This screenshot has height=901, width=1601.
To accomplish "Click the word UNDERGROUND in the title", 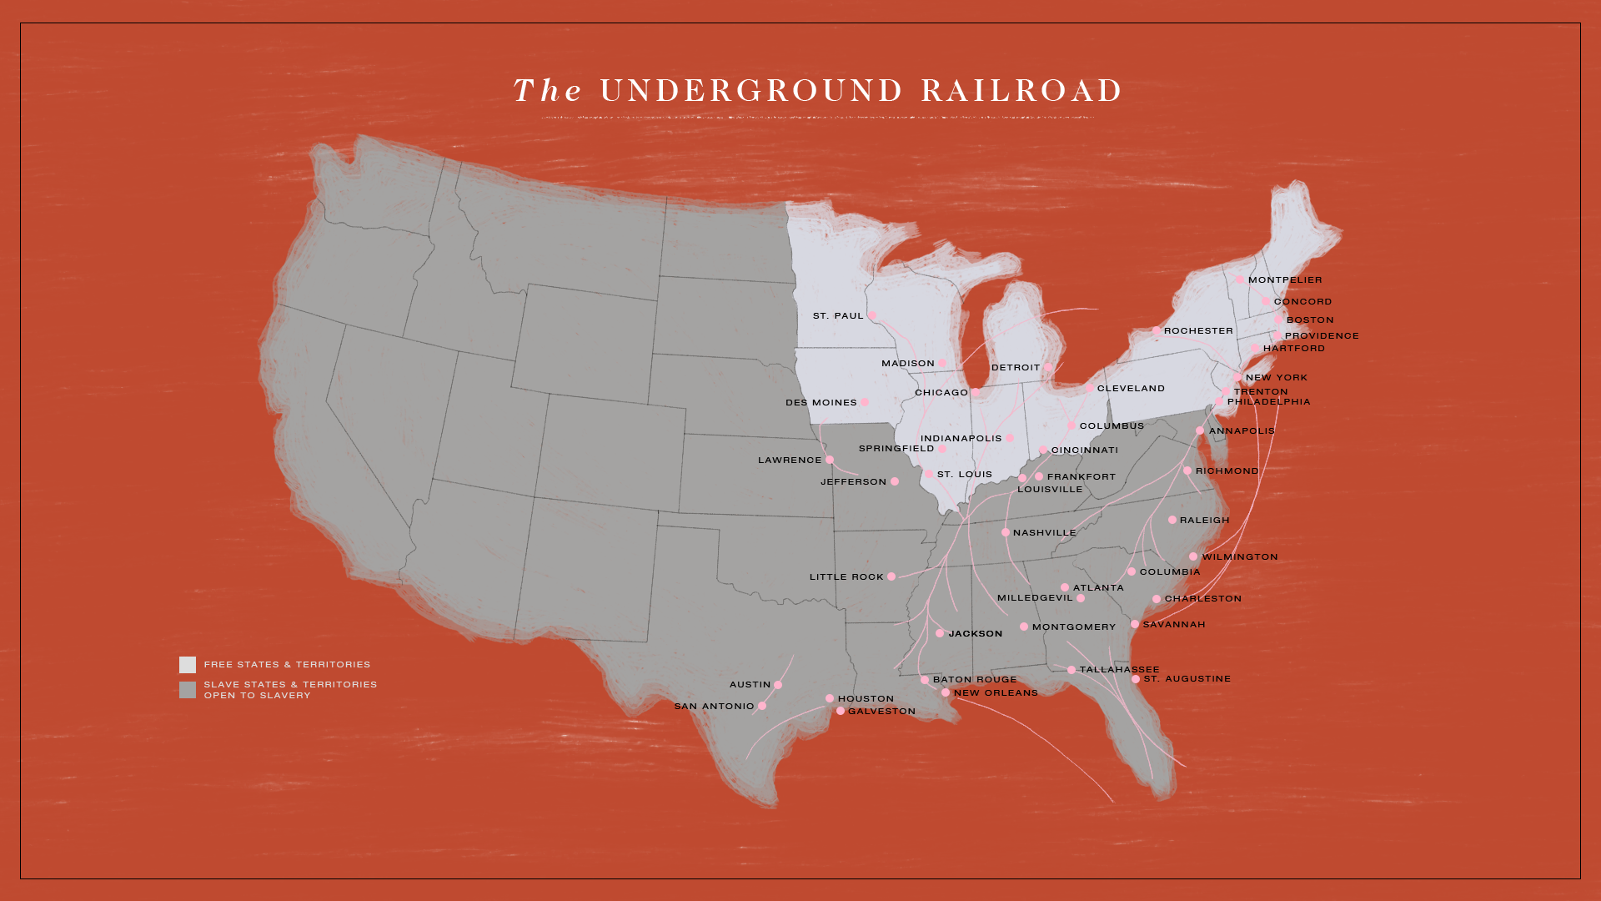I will (x=750, y=91).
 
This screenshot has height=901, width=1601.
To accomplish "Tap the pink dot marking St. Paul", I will (x=872, y=315).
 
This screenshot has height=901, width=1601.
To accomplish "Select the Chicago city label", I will (x=941, y=393).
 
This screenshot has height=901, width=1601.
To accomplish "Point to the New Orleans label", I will (x=996, y=693).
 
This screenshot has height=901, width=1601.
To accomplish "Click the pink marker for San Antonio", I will (x=762, y=706).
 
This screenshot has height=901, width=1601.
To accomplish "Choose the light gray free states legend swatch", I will (x=188, y=665).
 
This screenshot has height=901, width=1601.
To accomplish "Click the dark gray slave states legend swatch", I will (x=188, y=690).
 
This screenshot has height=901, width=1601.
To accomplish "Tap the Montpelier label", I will (x=1285, y=280).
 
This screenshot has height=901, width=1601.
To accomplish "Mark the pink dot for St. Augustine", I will (x=1136, y=679).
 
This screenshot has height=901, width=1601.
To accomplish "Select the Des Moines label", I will (x=821, y=403).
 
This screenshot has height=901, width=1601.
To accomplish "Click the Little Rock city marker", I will (x=891, y=576).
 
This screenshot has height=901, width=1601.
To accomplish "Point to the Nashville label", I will (x=1044, y=533).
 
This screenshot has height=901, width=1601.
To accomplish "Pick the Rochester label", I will (x=1198, y=331).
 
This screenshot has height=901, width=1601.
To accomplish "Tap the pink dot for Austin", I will (x=778, y=685).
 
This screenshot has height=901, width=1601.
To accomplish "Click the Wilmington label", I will (x=1240, y=557).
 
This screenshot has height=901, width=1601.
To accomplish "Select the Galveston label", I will (x=881, y=712).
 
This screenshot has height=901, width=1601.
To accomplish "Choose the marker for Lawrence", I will (x=830, y=460).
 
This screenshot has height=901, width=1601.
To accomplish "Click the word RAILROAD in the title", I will (x=1021, y=91).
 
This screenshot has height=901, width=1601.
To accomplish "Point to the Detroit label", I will (x=1016, y=368).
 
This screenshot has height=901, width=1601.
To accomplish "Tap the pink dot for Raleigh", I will (x=1172, y=520).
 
